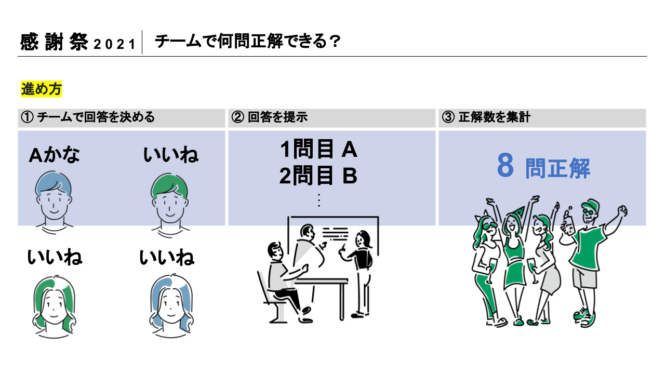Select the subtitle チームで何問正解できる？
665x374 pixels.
[x=247, y=42]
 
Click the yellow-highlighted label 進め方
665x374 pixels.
[x=41, y=89]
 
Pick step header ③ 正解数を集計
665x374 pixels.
[x=486, y=117]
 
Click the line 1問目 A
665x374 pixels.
[x=318, y=150]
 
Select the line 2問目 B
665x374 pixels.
[x=318, y=177]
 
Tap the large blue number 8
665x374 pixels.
[x=505, y=166]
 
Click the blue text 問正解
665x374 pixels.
[x=557, y=168]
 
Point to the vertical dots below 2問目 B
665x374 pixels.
[x=318, y=200]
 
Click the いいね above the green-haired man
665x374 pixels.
[x=170, y=155]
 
